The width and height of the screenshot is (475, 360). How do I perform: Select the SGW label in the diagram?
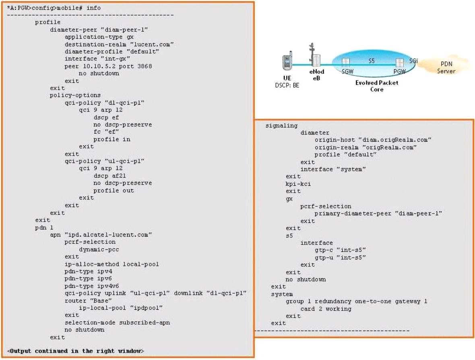pos(347,72)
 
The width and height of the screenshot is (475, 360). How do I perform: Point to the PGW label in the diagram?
pos(400,72)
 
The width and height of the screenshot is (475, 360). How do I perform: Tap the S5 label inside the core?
pos(372,61)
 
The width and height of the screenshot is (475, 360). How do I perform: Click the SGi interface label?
pos(413,61)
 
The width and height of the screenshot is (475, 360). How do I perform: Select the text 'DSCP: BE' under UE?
pos(287,85)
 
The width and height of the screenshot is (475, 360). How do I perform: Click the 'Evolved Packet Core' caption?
pos(376,86)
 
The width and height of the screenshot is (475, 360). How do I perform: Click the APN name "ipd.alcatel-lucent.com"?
pos(108,235)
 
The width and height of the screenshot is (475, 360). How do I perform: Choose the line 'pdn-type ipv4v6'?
pos(91,286)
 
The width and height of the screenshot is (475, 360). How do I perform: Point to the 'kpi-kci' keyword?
pos(298,184)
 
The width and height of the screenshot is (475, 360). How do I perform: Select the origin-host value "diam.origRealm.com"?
pos(395,140)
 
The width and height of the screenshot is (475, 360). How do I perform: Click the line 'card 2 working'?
pos(326,309)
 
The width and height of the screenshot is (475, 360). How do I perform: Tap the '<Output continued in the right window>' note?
pos(75,351)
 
